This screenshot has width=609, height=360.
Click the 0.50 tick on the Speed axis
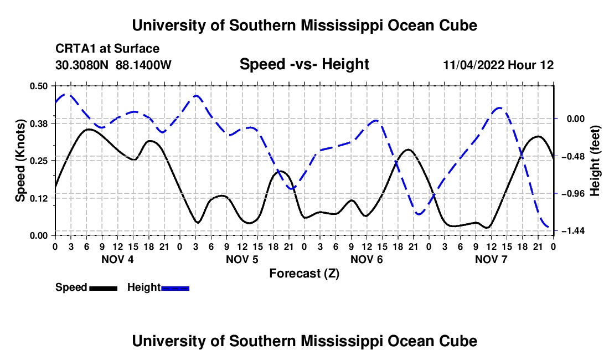(38, 86)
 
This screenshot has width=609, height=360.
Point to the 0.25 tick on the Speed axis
(38, 161)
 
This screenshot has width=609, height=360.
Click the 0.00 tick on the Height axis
(576, 119)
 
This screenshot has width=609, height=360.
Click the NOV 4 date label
(117, 259)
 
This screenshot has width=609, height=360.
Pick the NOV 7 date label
(491, 259)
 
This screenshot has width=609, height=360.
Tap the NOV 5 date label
(242, 259)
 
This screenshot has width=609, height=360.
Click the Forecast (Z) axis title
(304, 274)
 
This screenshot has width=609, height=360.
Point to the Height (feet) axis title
(595, 161)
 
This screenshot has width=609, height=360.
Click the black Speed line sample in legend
(104, 289)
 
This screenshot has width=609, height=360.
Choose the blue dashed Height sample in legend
(175, 289)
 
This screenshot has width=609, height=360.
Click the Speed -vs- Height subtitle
(304, 64)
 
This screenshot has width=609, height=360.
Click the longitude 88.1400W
(143, 65)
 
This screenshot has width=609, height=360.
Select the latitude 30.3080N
(82, 65)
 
